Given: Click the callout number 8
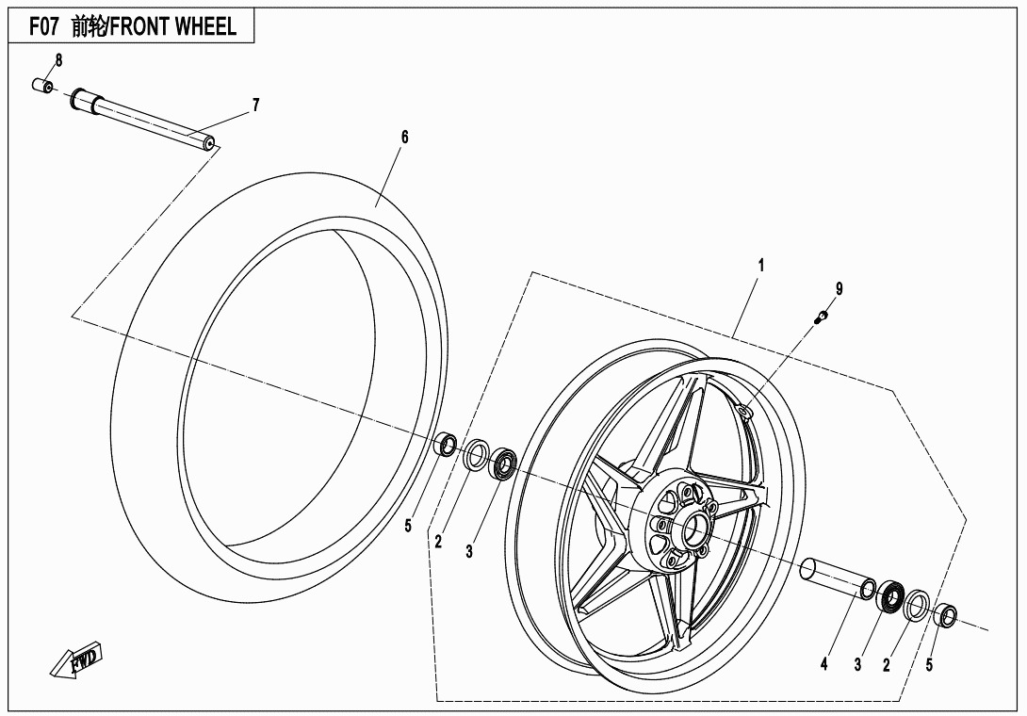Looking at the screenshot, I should pyautogui.click(x=58, y=61).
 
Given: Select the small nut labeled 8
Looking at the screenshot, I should pyautogui.click(x=41, y=87).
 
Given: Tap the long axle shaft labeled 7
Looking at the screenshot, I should pyautogui.click(x=141, y=119).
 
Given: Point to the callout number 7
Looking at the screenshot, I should pyautogui.click(x=254, y=106).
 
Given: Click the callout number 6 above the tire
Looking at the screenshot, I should pyautogui.click(x=404, y=138).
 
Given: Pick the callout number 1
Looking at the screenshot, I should pyautogui.click(x=761, y=266).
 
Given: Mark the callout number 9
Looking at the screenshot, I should pyautogui.click(x=839, y=289).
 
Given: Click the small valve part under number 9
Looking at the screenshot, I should pyautogui.click(x=821, y=317).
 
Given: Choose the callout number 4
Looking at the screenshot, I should pyautogui.click(x=823, y=664).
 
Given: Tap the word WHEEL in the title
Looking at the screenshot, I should pyautogui.click(x=204, y=26).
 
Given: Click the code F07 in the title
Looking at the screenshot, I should pyautogui.click(x=45, y=26).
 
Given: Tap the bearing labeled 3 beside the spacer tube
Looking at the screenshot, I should pyautogui.click(x=889, y=597).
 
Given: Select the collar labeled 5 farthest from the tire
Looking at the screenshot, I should pyautogui.click(x=945, y=616).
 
